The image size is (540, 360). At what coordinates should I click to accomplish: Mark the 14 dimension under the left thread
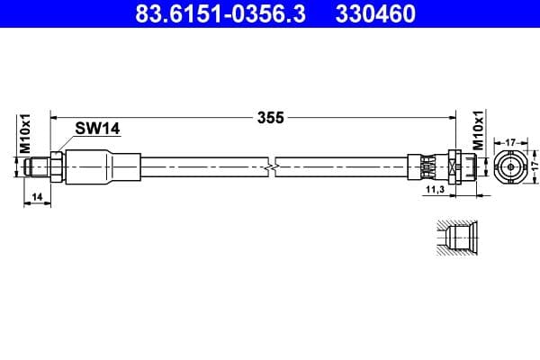pos(37,194)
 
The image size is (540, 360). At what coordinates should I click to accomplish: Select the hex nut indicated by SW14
pos(56,166)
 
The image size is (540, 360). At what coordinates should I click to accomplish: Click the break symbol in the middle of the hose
pos(273,166)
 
